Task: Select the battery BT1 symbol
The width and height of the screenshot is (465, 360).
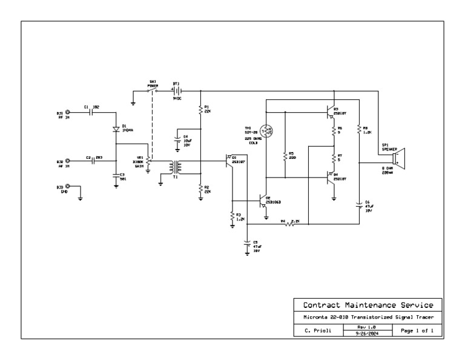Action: (x=177, y=90)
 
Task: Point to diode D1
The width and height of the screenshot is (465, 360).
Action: (x=116, y=129)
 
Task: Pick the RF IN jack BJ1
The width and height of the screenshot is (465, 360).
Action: (x=68, y=112)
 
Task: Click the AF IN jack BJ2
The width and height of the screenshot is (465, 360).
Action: (x=68, y=162)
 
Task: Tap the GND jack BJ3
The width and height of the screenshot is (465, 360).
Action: (x=68, y=187)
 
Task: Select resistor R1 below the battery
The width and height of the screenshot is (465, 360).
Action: (x=200, y=110)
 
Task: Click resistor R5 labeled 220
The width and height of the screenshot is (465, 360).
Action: (x=285, y=156)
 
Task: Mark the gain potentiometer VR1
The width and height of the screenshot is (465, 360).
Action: (x=148, y=164)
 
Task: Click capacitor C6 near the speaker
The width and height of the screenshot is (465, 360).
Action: (x=359, y=205)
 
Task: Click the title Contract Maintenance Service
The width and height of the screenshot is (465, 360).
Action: (x=368, y=304)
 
